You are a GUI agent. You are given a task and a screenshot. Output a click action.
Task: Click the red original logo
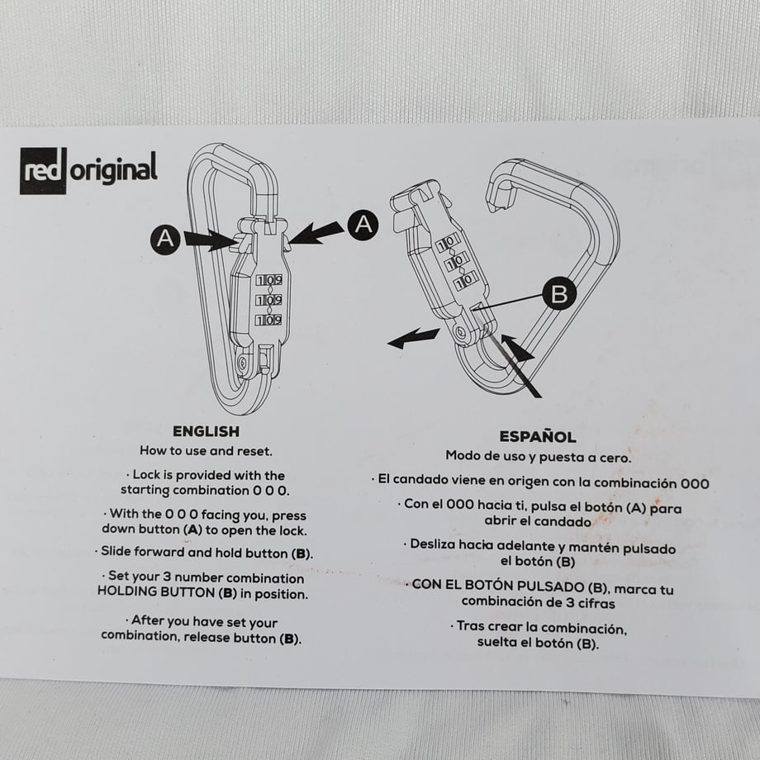[88, 170]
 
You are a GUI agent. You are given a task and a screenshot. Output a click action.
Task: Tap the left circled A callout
[165, 239]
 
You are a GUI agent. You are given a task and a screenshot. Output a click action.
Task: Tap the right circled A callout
[363, 225]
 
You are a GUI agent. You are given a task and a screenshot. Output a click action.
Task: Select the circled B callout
[559, 293]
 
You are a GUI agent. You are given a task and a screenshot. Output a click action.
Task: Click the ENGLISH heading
[206, 431]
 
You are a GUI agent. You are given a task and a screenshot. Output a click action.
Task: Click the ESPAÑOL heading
[538, 437]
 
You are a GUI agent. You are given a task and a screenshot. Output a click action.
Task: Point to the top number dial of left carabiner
[269, 280]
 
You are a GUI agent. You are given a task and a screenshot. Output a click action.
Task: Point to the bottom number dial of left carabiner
[269, 320]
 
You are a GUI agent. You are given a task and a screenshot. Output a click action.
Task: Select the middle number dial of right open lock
[456, 262]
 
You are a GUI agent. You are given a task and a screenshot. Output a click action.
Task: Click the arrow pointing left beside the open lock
[413, 337]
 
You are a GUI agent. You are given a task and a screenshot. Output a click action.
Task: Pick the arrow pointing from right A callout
[316, 233]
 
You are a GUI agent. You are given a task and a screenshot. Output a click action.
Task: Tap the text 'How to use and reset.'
[206, 451]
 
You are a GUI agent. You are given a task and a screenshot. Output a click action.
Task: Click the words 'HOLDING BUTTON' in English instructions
[156, 591]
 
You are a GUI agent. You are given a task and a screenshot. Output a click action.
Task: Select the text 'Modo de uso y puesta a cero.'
[538, 457]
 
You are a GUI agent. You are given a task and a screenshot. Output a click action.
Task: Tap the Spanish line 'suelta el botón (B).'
[538, 644]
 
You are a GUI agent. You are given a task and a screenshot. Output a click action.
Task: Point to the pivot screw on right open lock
[459, 332]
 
